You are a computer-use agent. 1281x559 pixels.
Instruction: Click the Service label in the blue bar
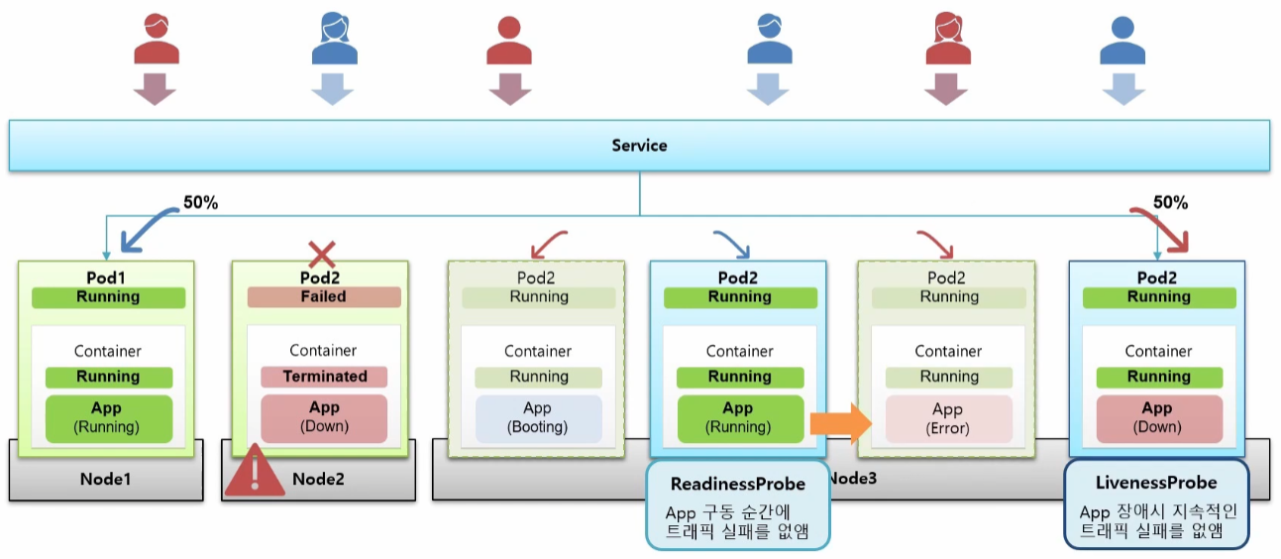point(639,146)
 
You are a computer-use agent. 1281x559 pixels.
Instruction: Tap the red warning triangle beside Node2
point(255,472)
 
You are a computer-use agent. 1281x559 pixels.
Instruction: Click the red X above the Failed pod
point(322,254)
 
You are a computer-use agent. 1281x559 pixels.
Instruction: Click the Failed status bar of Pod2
point(324,297)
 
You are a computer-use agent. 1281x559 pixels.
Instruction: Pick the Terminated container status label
point(324,377)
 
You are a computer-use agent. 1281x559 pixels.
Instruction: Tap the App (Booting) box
point(538,418)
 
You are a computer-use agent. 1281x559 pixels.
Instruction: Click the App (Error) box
point(949,419)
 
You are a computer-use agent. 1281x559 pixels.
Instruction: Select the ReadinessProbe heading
point(738,484)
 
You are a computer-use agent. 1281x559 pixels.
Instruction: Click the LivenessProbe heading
point(1156,483)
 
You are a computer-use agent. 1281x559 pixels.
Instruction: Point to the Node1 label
point(106,479)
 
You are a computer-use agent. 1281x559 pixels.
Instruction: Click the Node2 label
point(319,479)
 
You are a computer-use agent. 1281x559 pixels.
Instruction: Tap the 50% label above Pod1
point(201,202)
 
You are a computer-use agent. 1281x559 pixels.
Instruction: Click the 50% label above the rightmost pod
point(1171,202)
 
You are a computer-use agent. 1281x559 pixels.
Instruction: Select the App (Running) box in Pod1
point(109,418)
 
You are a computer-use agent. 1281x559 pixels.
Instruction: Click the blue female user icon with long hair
point(335,38)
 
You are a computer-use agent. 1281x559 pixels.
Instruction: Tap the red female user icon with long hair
point(948,38)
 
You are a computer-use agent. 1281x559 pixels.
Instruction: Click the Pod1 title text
point(106,279)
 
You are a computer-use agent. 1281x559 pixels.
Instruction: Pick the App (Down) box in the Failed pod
point(324,417)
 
